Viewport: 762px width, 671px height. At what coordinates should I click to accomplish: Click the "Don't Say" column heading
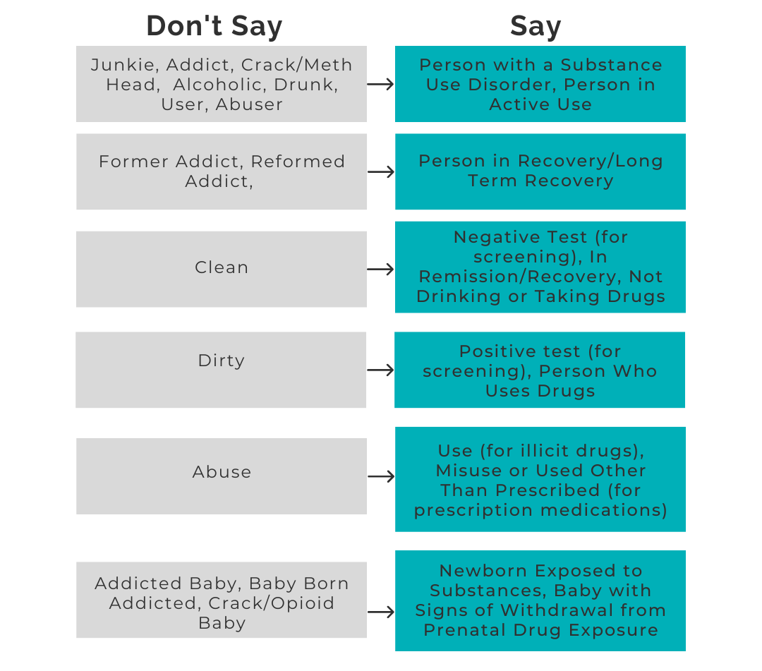tap(214, 25)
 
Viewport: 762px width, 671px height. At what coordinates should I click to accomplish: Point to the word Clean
tap(222, 267)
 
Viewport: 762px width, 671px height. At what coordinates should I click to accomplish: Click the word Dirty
tap(221, 361)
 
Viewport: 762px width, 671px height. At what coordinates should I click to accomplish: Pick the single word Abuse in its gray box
tap(222, 472)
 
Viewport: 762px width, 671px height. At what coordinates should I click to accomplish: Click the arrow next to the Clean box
tap(380, 270)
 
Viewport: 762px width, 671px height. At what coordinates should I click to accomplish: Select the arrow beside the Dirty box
tap(380, 370)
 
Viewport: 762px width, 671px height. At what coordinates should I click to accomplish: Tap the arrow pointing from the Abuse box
tap(381, 477)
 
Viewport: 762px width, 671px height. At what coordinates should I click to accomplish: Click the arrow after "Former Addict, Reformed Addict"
tap(381, 172)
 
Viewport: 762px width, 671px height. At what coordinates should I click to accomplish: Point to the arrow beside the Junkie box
tap(380, 85)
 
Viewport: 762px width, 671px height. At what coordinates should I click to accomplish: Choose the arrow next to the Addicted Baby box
tap(381, 612)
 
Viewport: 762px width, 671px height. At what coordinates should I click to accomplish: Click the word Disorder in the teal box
tap(512, 85)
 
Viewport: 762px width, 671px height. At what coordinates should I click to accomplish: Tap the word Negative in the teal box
tap(496, 237)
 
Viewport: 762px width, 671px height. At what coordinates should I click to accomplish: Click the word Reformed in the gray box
tap(298, 162)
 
